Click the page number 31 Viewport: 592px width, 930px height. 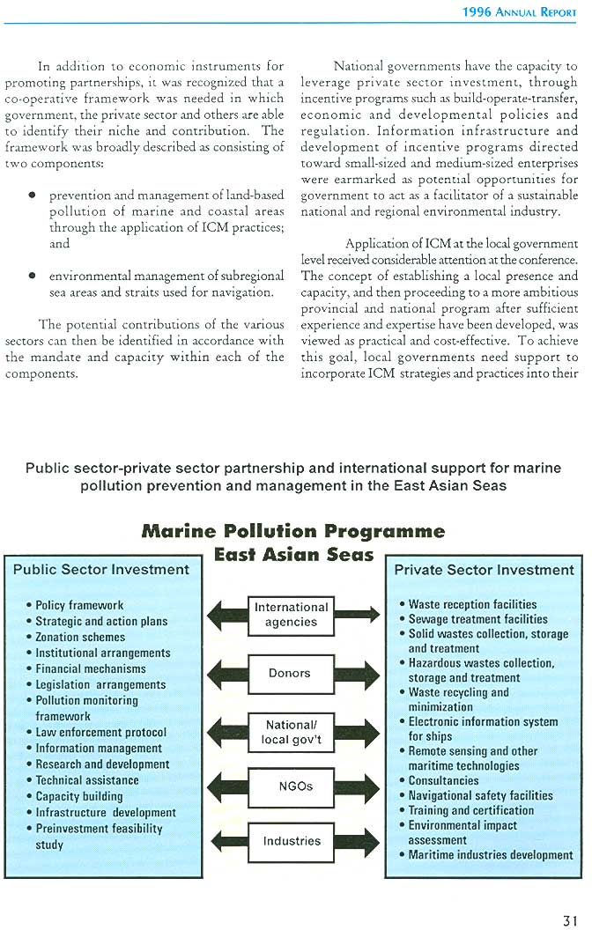570,920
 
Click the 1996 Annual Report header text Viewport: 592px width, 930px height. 520,12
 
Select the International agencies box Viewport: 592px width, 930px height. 291,614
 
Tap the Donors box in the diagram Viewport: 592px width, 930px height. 291,673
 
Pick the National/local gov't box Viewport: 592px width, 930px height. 291,732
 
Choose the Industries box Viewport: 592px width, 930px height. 292,841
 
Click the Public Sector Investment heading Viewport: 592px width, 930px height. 101,570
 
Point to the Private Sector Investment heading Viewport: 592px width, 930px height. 484,570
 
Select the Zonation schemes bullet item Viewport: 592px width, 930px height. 80,637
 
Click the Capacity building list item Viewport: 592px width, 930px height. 79,796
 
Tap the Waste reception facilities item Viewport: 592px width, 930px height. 472,605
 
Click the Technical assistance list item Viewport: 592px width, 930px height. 87,780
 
